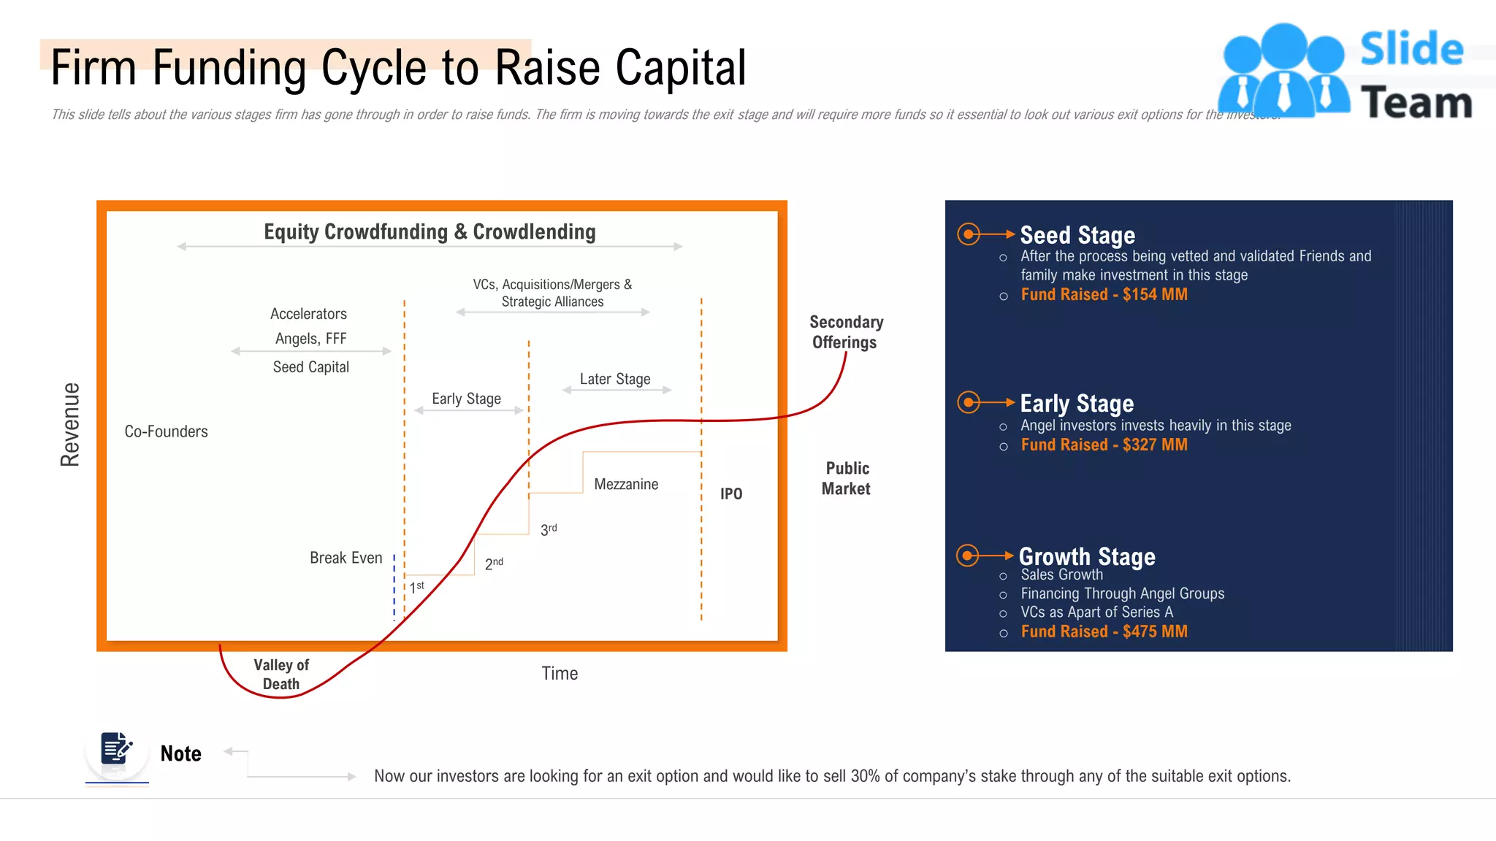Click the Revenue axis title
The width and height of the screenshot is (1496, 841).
pyautogui.click(x=70, y=424)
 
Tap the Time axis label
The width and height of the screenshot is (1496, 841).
pyautogui.click(x=560, y=673)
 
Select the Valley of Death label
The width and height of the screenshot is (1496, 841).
pyautogui.click(x=281, y=675)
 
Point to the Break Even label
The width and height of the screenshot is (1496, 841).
pyautogui.click(x=346, y=558)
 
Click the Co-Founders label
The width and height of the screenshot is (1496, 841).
pyautogui.click(x=166, y=431)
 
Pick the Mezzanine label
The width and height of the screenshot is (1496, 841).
pyautogui.click(x=626, y=484)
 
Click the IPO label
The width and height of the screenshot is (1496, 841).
pyautogui.click(x=731, y=494)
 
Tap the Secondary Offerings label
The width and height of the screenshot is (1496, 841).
pyautogui.click(x=846, y=332)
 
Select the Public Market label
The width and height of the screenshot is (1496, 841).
pyautogui.click(x=846, y=478)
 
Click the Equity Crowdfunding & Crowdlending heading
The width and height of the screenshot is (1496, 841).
pyautogui.click(x=430, y=232)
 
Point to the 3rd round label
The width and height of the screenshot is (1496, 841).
pyautogui.click(x=549, y=529)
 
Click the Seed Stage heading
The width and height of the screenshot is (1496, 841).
pyautogui.click(x=1077, y=235)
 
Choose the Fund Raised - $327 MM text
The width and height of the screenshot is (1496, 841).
pyautogui.click(x=1104, y=445)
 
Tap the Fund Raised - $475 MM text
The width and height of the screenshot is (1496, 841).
pyautogui.click(x=1104, y=631)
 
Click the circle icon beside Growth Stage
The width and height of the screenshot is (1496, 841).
pyautogui.click(x=968, y=556)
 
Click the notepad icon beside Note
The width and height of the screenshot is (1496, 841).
pyautogui.click(x=116, y=750)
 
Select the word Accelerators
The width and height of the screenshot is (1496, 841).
pyautogui.click(x=308, y=314)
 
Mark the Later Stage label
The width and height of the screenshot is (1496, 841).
pyautogui.click(x=615, y=379)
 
